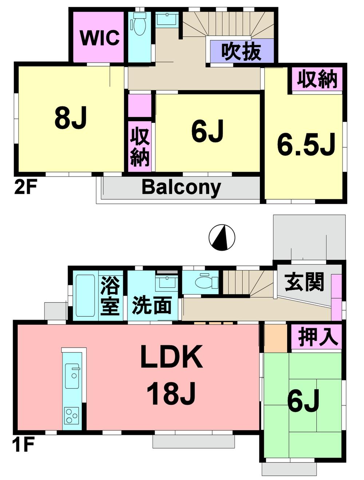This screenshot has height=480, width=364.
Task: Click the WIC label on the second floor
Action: click(100, 37)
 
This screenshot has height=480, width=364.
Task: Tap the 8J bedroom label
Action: click(71, 118)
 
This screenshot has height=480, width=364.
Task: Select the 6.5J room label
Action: click(306, 145)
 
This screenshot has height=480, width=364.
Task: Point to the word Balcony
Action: click(181, 187)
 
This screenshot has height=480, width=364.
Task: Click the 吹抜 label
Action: click(242, 51)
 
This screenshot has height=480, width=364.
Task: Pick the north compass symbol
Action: click(222, 238)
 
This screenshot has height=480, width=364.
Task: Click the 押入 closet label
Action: click(317, 337)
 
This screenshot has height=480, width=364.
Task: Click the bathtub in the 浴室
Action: click(86, 296)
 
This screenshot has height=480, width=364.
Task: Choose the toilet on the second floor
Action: click(138, 24)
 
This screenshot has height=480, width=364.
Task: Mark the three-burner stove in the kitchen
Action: click(71, 415)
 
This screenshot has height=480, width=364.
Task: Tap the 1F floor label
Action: click(23, 444)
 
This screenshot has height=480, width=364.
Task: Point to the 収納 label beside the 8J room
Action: click(140, 147)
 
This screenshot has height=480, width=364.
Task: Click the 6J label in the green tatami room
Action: click(303, 401)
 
